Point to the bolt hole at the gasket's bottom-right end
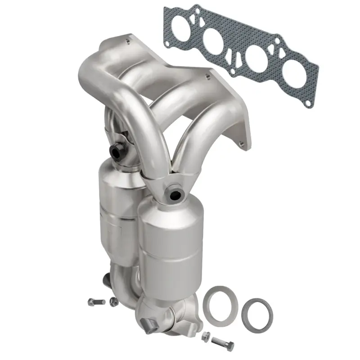(x=308, y=103)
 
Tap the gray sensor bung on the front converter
(x=175, y=194)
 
